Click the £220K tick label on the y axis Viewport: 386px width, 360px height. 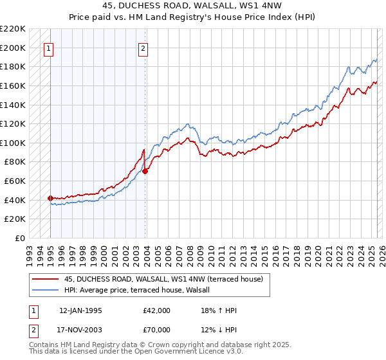click(x=13, y=29)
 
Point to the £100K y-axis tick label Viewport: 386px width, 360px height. click(x=13, y=143)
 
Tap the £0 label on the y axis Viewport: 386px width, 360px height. click(x=21, y=238)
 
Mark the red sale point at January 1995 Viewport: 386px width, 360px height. click(x=50, y=198)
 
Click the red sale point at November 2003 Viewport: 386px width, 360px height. click(x=145, y=171)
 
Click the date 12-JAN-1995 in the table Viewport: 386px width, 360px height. click(x=80, y=310)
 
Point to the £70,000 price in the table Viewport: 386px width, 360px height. click(x=157, y=330)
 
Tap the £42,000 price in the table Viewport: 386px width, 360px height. click(x=157, y=310)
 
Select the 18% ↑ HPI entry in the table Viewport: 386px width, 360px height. click(x=219, y=310)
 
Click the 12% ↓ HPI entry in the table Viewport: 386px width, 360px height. click(x=219, y=330)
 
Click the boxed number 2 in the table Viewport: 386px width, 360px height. click(x=33, y=330)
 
